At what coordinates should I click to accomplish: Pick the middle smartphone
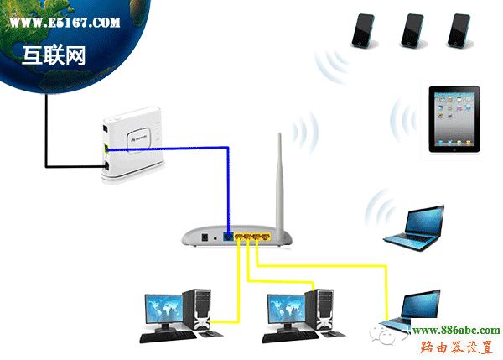[x=411, y=30]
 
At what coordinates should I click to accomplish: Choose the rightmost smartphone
[x=458, y=30]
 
